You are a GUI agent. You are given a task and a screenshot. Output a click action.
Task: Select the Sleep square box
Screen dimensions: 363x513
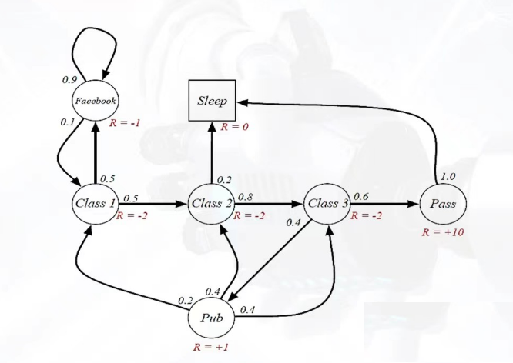tap(213, 101)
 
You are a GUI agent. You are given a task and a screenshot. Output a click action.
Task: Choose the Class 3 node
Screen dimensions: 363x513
tap(328, 204)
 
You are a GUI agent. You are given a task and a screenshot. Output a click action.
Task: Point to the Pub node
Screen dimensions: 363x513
tap(211, 316)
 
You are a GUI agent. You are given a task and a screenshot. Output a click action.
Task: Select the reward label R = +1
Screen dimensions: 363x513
tap(210, 348)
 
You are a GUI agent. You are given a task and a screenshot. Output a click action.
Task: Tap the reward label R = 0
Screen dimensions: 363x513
tap(234, 126)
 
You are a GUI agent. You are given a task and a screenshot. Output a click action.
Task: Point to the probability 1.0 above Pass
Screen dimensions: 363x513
tap(447, 177)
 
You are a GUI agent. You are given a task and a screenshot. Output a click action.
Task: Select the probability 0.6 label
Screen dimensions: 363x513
tap(360, 196)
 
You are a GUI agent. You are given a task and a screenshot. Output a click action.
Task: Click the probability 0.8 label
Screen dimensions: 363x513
tap(246, 196)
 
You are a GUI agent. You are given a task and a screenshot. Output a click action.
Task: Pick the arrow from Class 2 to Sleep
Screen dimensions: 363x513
tap(212, 154)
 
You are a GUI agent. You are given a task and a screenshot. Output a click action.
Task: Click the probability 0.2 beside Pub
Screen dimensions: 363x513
tap(185, 300)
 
